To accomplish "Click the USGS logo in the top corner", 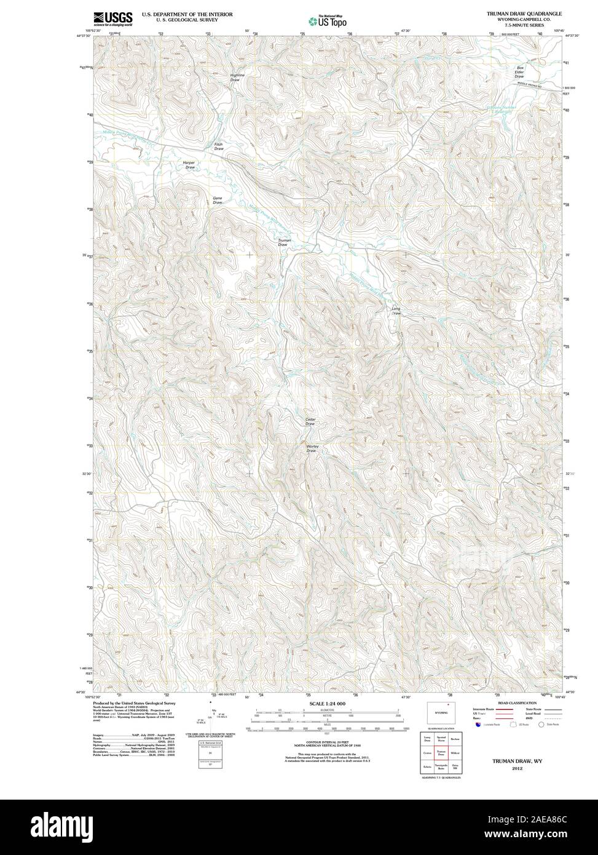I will click(112, 19).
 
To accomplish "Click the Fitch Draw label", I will click(218, 147).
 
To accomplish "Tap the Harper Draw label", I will click(189, 165).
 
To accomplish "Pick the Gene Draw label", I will click(217, 200).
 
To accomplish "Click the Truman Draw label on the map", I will click(283, 242).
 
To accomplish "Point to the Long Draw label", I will click(396, 311).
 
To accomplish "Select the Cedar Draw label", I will click(310, 421).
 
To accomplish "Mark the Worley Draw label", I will click(312, 448).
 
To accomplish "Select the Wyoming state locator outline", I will click(440, 714).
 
